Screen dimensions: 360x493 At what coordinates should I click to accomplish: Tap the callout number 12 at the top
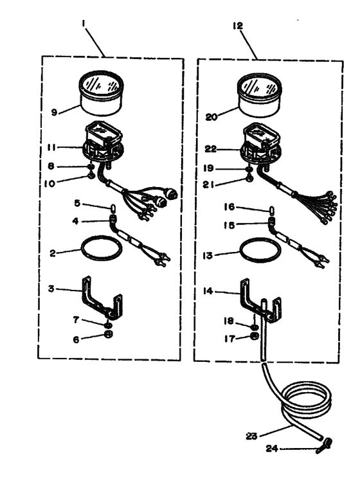click(x=238, y=25)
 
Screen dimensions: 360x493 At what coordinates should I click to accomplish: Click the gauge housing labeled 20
click(x=259, y=96)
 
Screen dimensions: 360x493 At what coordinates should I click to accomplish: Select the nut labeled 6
click(x=108, y=334)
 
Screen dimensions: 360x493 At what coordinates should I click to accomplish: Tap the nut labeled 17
click(x=255, y=336)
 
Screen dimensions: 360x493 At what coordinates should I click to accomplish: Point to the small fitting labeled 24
click(x=324, y=446)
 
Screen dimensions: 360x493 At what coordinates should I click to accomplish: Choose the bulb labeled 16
click(x=271, y=210)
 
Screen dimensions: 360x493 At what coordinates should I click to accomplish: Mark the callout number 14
click(x=208, y=291)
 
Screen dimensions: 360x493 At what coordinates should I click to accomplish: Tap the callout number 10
click(x=50, y=184)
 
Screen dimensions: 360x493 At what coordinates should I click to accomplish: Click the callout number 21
click(x=208, y=185)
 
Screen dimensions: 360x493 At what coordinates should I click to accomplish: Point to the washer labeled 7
click(x=107, y=325)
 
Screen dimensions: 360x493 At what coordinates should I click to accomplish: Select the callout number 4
click(x=75, y=221)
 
